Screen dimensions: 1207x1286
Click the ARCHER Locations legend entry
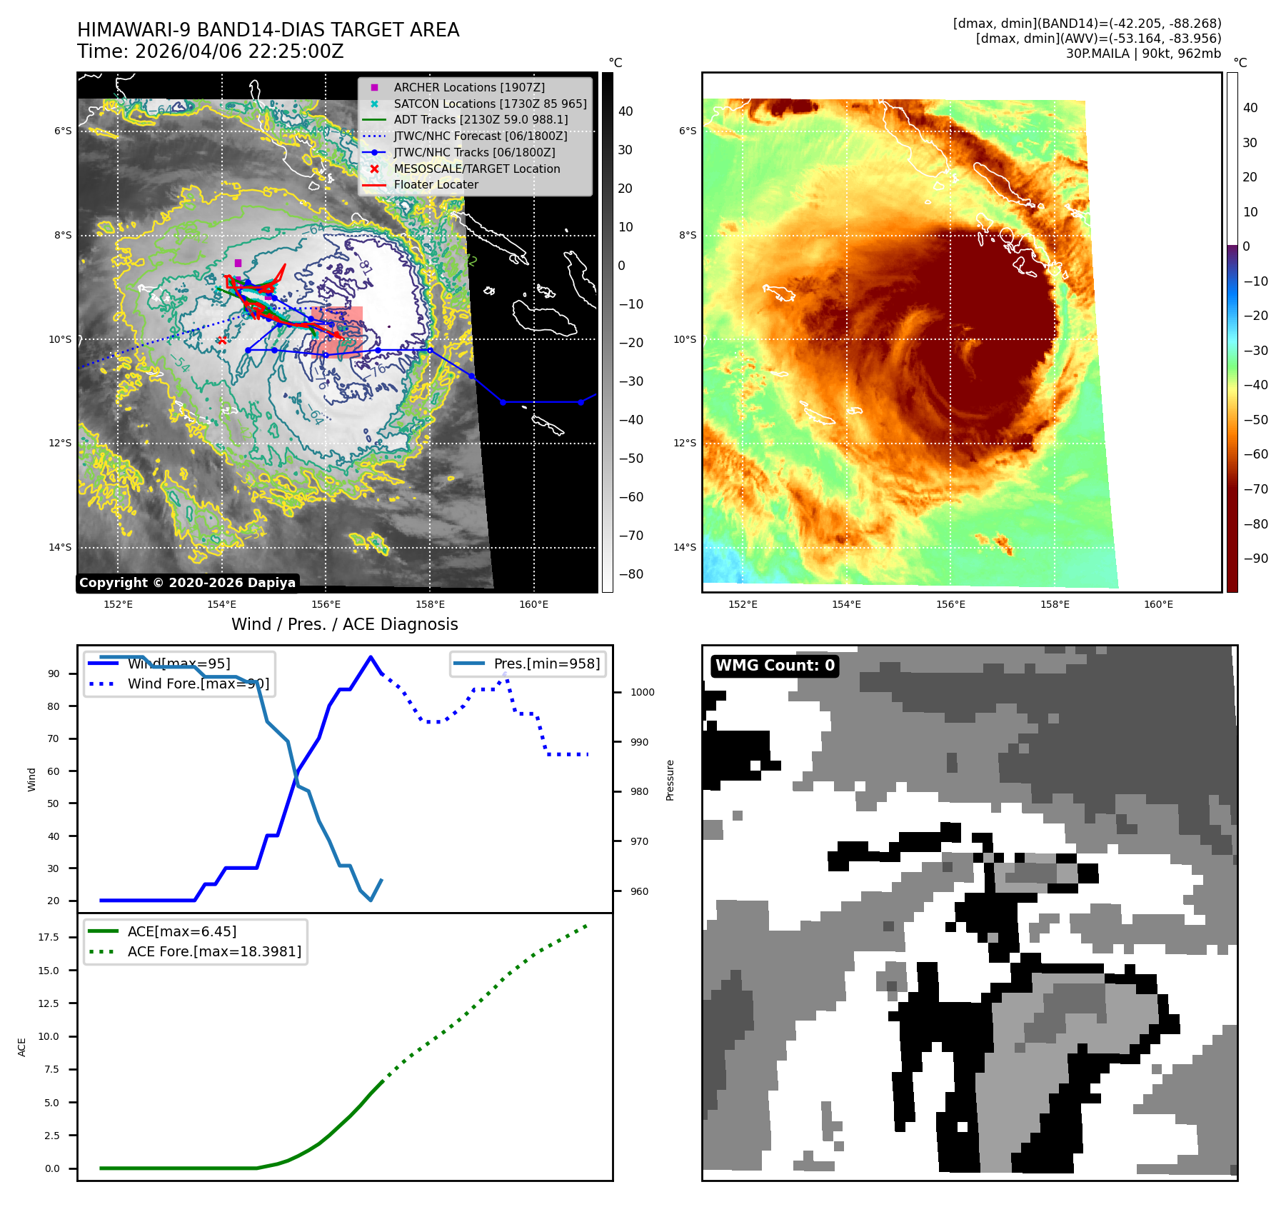[468, 87]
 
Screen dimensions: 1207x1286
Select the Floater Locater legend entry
[436, 184]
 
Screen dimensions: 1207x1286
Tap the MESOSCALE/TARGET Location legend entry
[476, 169]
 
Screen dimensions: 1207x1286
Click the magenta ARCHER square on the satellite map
[238, 263]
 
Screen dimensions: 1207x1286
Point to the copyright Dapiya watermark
[187, 583]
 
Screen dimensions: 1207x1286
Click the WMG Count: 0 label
[775, 666]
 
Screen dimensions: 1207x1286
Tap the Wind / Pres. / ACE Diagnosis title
[344, 624]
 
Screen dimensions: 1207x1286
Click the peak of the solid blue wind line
[370, 657]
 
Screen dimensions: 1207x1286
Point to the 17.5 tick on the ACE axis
[49, 937]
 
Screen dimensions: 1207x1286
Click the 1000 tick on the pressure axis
[642, 692]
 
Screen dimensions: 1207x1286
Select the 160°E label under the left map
[533, 604]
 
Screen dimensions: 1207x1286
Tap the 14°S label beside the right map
[685, 547]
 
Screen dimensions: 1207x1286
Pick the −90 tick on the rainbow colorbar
[1255, 559]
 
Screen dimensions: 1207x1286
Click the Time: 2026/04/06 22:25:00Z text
[211, 51]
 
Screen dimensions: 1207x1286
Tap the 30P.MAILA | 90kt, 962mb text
[1143, 54]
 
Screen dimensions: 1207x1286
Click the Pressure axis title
[670, 780]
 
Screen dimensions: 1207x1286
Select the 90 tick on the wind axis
[54, 673]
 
